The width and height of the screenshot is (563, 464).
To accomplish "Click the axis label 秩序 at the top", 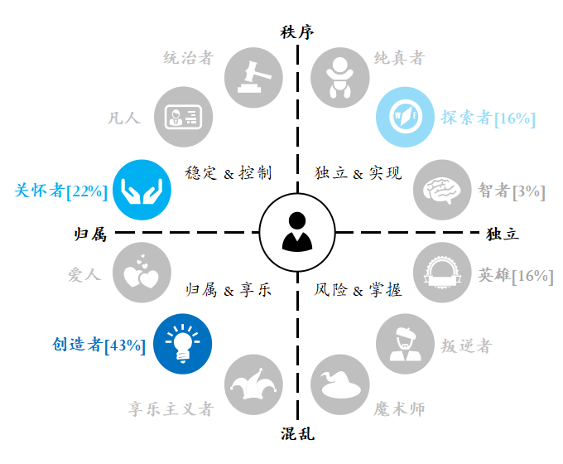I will pos(298,32).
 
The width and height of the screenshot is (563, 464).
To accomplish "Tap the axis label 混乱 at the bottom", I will pos(298,433).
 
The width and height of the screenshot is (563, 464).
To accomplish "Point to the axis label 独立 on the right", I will pos(503,234).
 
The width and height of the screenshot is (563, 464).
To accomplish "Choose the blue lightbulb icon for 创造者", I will pos(183,342).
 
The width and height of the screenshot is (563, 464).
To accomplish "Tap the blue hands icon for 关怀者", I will pos(142,190).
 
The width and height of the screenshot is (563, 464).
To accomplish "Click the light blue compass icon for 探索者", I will pos(406,117).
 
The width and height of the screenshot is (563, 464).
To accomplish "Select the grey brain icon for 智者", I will pos(443,190).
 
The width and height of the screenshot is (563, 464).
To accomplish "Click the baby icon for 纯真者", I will pos(339,77).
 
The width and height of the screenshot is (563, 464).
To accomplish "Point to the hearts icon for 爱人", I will pos(142,273).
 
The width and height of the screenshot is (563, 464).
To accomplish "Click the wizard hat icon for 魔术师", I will pos(339,385).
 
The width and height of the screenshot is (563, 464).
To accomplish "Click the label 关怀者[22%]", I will pos(60,191).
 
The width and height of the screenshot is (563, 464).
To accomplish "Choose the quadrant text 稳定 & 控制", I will pos(229,173).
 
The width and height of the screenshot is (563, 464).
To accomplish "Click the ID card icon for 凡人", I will pos(183,117).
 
